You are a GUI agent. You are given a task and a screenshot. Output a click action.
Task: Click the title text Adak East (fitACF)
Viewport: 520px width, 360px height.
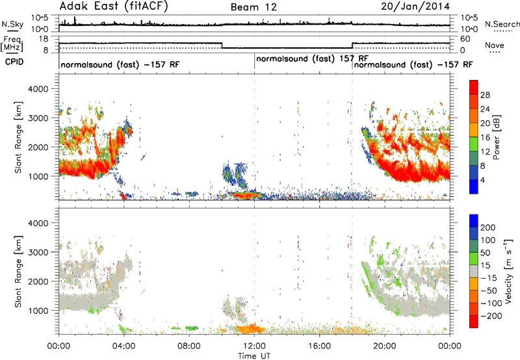point(114,6)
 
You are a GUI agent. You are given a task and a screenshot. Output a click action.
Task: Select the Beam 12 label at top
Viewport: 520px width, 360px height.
point(253,7)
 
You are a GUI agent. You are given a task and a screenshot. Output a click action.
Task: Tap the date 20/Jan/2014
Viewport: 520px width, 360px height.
point(415,6)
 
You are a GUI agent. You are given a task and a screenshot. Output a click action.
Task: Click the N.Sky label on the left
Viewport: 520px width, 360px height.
point(12,24)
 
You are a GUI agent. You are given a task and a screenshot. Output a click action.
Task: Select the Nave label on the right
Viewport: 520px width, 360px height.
point(495,45)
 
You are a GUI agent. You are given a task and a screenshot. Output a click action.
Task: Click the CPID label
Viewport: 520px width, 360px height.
point(14,62)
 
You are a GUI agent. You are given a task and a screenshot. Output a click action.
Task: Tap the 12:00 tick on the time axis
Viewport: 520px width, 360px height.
point(254,346)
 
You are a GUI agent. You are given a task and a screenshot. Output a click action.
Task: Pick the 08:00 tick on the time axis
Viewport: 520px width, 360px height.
point(189,346)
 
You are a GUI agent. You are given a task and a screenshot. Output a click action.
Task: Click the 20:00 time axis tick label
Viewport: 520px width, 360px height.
point(384,346)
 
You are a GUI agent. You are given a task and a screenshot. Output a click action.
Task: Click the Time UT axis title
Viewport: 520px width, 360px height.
point(254,356)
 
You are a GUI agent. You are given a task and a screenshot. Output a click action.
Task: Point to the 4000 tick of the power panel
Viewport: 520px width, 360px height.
point(38,89)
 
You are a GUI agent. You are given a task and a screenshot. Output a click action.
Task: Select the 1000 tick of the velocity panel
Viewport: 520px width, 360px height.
point(38,311)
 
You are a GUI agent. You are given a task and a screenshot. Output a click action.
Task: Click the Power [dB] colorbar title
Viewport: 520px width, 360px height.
point(496,137)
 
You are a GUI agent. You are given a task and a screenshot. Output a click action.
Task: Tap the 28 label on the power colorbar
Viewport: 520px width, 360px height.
point(485,95)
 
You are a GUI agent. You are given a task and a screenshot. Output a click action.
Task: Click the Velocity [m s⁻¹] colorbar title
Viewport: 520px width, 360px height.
point(508,271)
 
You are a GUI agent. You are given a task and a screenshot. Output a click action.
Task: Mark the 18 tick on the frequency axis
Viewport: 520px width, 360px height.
point(44,39)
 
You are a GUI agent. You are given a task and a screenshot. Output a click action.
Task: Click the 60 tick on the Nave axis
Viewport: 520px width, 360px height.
point(465,39)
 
